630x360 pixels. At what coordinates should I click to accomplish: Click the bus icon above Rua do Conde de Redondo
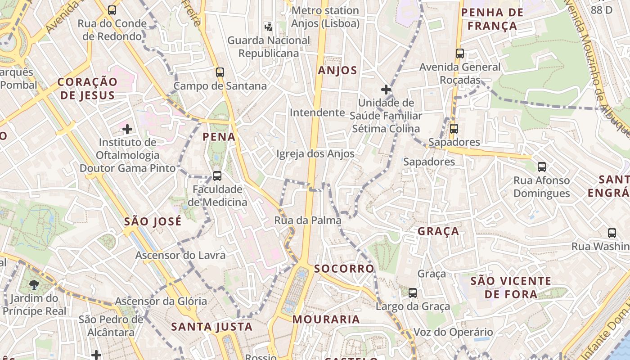click(x=112, y=10)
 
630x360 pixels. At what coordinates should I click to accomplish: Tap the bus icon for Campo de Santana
click(x=220, y=72)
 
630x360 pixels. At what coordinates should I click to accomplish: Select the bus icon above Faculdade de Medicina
click(x=217, y=175)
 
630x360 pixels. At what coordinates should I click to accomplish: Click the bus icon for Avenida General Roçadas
click(x=460, y=54)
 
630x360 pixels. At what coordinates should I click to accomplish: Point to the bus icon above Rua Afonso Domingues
click(x=542, y=167)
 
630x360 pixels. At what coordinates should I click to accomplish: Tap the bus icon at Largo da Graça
click(x=413, y=293)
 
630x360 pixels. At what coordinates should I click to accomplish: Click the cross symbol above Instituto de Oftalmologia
click(x=127, y=130)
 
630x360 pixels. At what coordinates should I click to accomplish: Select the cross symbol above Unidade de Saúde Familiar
click(x=386, y=89)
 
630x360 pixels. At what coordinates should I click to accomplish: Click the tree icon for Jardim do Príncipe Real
click(x=34, y=284)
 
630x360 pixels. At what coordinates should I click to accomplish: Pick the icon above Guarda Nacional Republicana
click(x=269, y=27)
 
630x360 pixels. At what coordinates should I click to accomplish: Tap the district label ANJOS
click(x=337, y=70)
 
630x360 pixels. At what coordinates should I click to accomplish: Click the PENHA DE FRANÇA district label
click(x=492, y=19)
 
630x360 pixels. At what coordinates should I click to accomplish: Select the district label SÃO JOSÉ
click(x=153, y=221)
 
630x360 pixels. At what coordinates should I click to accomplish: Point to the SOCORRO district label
click(x=344, y=269)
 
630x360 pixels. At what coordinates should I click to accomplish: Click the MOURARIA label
click(x=326, y=319)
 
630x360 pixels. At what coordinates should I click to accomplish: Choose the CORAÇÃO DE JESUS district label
click(x=87, y=88)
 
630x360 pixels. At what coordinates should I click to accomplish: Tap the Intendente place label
click(x=317, y=112)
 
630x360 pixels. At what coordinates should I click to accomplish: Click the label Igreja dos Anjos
click(x=315, y=154)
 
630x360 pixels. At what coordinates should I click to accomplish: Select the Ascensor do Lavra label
click(x=180, y=255)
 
